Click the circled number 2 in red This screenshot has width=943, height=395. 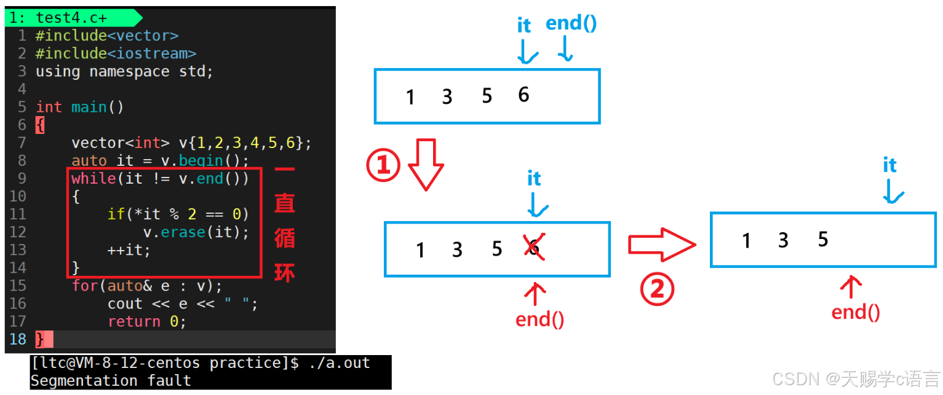coord(658,289)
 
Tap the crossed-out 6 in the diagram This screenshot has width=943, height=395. coord(533,248)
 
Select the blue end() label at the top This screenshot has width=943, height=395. coord(571,23)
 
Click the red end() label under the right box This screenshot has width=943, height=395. coord(855,312)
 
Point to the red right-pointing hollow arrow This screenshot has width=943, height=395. coord(661,244)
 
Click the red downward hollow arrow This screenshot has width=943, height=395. coord(426,164)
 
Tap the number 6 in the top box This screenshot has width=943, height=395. coord(523,95)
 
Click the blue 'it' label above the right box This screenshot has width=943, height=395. coord(889,165)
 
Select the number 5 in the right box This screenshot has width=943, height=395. coord(823,239)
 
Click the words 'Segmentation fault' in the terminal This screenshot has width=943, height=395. coord(111,381)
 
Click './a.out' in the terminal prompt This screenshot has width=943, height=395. coord(340,363)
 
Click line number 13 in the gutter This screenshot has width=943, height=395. coord(18,250)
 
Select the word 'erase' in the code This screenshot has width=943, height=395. coord(183,232)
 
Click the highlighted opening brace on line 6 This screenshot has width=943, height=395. coord(40,125)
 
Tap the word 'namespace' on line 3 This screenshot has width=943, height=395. coord(129,71)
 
